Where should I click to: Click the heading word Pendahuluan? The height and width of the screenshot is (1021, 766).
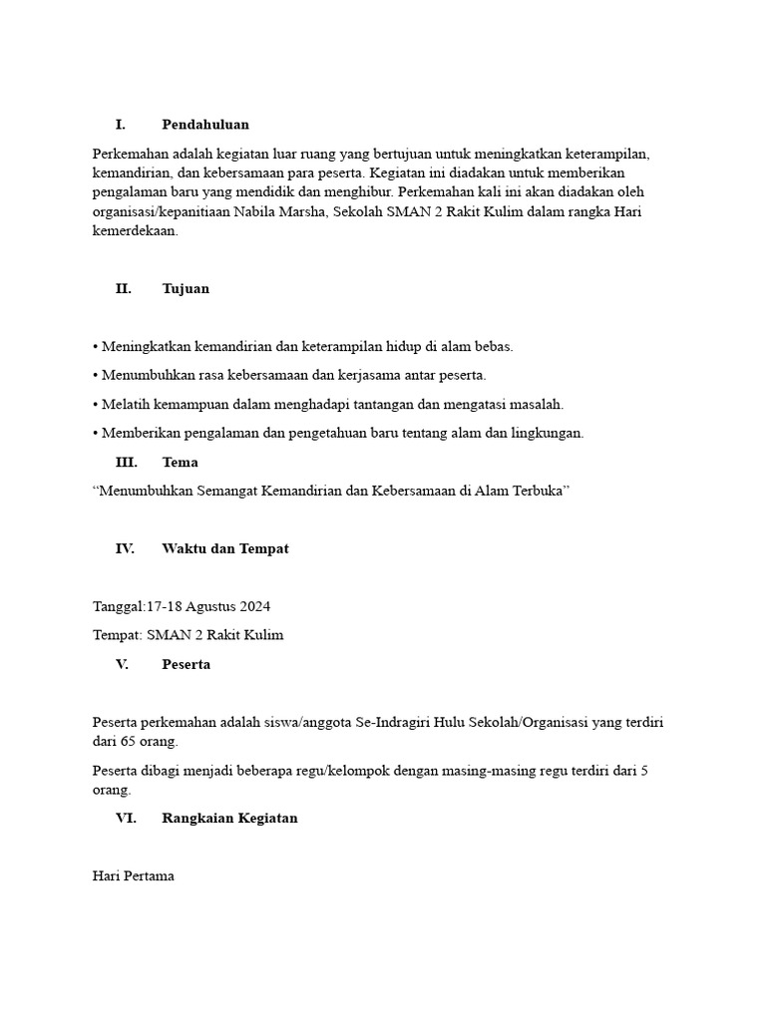pyautogui.click(x=205, y=125)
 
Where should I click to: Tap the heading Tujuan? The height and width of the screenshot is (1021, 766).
pyautogui.click(x=186, y=289)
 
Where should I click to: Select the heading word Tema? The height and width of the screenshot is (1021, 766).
pyautogui.click(x=180, y=463)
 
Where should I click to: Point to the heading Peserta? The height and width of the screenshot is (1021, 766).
pyautogui.click(x=186, y=665)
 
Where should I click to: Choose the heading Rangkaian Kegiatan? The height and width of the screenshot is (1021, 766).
pyautogui.click(x=229, y=819)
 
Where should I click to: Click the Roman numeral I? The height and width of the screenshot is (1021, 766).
pyautogui.click(x=121, y=125)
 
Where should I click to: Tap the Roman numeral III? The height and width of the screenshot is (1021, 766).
pyautogui.click(x=127, y=463)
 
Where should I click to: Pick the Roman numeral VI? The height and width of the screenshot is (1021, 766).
pyautogui.click(x=126, y=819)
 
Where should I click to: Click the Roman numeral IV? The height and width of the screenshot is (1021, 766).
pyautogui.click(x=125, y=549)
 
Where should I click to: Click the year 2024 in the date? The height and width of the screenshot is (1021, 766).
pyautogui.click(x=254, y=607)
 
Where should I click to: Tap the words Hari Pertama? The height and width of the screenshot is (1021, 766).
pyautogui.click(x=133, y=876)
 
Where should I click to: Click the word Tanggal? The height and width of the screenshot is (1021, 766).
pyautogui.click(x=118, y=607)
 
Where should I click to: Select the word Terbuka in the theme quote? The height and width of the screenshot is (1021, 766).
pyautogui.click(x=537, y=492)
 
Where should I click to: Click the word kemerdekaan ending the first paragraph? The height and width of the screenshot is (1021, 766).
pyautogui.click(x=135, y=231)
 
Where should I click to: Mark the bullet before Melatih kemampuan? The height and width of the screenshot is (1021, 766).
pyautogui.click(x=95, y=405)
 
